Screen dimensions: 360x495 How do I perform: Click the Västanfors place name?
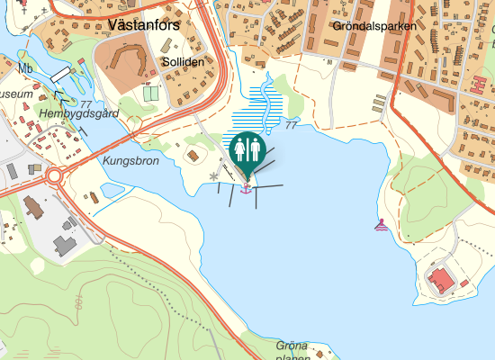[143, 24]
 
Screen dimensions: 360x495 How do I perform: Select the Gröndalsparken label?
[373, 27]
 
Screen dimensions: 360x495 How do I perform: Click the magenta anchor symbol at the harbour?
[246, 188]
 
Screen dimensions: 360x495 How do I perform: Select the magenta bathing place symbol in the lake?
[382, 225]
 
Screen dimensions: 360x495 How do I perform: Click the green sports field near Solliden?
[150, 93]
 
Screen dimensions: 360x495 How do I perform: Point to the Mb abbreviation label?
[26, 68]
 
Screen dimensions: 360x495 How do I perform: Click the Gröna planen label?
[292, 351]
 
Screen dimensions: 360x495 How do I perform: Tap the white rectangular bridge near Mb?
[60, 74]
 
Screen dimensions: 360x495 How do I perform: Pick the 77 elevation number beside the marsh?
[290, 126]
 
